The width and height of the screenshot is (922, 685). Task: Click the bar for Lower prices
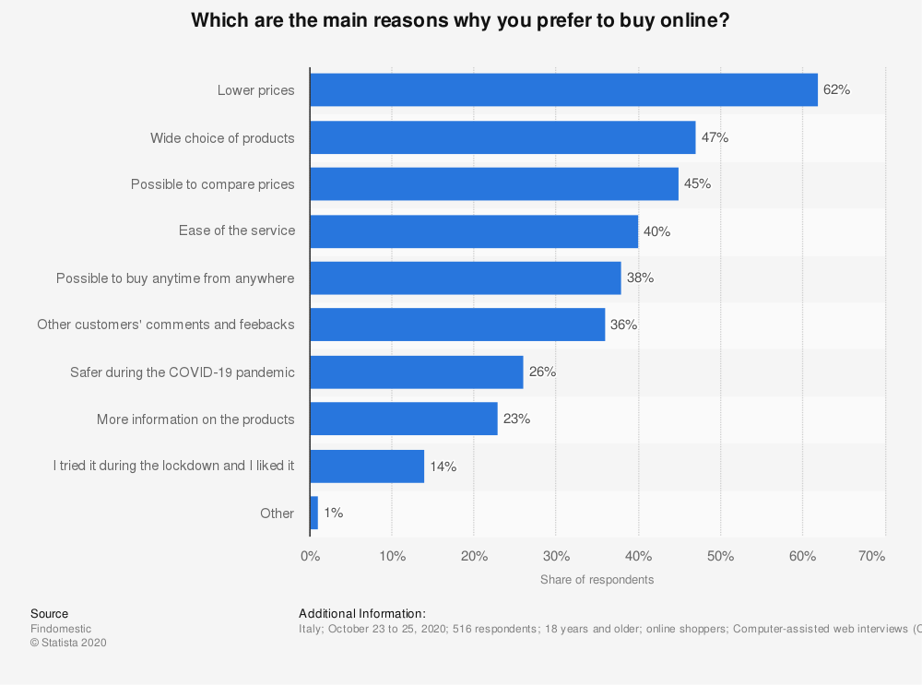(x=563, y=90)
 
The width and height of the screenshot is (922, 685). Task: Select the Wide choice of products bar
(x=502, y=137)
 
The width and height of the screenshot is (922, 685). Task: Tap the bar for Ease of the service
(x=474, y=231)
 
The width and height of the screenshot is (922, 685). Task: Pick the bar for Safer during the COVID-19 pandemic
(x=417, y=372)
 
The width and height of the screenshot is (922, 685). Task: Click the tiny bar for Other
(x=314, y=514)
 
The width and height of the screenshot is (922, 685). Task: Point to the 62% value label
(x=836, y=90)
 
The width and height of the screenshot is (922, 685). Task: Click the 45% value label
(x=697, y=184)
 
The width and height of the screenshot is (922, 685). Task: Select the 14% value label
(x=443, y=467)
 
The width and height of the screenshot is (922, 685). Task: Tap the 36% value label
(x=623, y=325)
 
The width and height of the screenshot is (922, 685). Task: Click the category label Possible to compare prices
(x=212, y=184)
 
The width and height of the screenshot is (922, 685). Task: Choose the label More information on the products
(x=195, y=419)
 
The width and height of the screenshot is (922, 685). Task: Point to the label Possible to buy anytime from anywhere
(x=175, y=278)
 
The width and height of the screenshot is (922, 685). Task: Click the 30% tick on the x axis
(x=556, y=557)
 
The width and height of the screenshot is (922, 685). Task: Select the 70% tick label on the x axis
(x=871, y=557)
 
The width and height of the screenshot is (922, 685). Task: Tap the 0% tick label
(x=311, y=557)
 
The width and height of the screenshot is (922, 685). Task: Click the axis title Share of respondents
(x=597, y=580)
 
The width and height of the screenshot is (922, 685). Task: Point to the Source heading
(x=49, y=614)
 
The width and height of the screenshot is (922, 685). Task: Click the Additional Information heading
(x=362, y=614)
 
